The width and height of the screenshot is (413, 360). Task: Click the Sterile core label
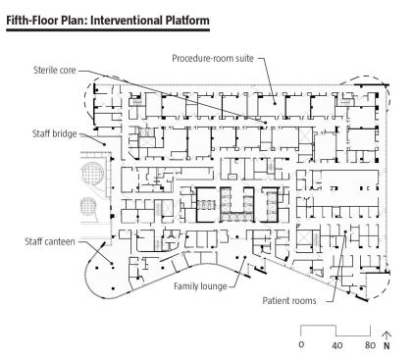coord(55,70)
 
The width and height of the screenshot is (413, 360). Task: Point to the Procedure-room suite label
coord(213,58)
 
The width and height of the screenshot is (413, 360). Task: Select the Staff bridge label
coord(55,133)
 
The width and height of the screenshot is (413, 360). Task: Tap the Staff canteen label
coord(50,241)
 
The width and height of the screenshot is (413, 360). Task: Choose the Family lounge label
coord(200,286)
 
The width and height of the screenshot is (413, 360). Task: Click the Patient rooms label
coord(289,300)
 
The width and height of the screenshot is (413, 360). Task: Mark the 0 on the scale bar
coord(301,344)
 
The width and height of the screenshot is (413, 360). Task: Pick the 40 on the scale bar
coord(336,345)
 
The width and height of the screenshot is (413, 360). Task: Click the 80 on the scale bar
coord(370,345)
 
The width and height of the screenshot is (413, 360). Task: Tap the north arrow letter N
coord(387,345)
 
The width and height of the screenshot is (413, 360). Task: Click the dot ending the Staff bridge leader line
coord(105,144)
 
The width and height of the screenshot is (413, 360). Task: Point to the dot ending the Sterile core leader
coord(266,123)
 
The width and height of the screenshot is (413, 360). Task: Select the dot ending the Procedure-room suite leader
coord(275,104)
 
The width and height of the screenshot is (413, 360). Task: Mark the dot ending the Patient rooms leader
coord(345,231)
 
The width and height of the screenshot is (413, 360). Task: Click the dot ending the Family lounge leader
coord(244,258)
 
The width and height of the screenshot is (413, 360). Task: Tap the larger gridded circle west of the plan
coord(92,173)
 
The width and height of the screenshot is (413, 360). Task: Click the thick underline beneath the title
coord(108,30)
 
